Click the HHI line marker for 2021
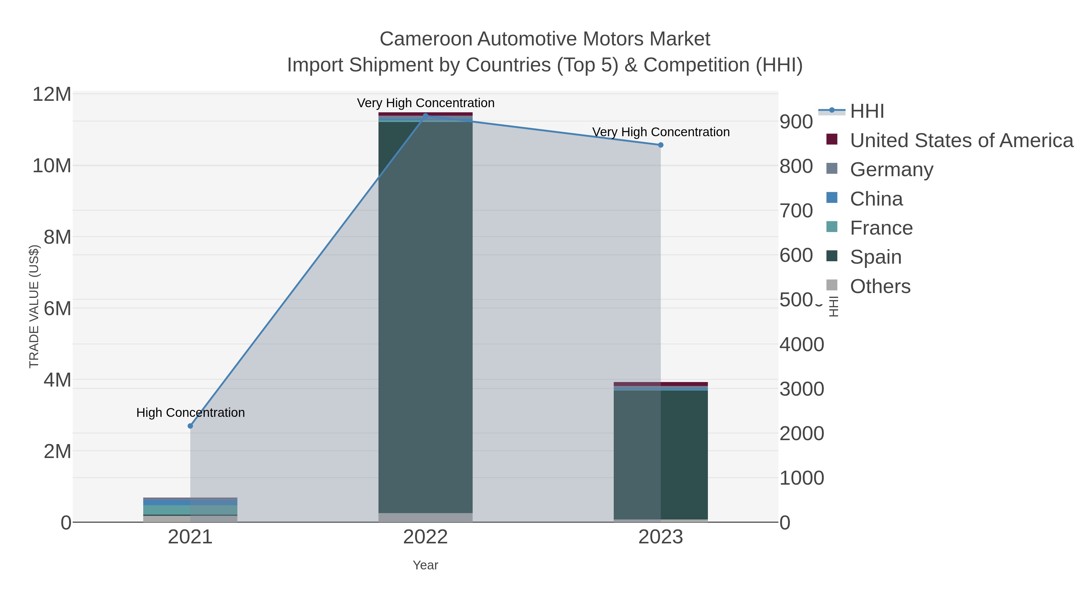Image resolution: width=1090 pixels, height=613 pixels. pos(190,426)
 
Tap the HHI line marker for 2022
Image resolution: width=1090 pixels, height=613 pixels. pos(426,116)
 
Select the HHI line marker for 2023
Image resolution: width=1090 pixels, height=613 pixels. pos(661,145)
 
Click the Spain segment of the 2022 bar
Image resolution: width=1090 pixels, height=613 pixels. pos(425,317)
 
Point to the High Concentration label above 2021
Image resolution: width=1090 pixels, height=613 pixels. pos(190,413)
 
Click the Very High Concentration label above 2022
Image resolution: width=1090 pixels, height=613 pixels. pos(426,103)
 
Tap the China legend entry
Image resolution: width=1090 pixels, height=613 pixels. pos(876,199)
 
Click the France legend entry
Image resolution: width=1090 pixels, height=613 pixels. pos(881,228)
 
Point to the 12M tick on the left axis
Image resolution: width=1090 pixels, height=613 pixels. pos(51,94)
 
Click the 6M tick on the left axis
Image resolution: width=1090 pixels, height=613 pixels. pos(57,308)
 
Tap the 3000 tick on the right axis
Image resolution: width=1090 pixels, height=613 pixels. pos(802,389)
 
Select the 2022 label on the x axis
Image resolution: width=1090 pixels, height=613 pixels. pos(425,537)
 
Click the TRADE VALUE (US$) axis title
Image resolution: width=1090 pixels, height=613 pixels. pos(34,307)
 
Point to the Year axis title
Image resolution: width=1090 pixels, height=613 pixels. pos(425,565)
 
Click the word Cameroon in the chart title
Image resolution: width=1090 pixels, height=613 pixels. pos(425,39)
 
